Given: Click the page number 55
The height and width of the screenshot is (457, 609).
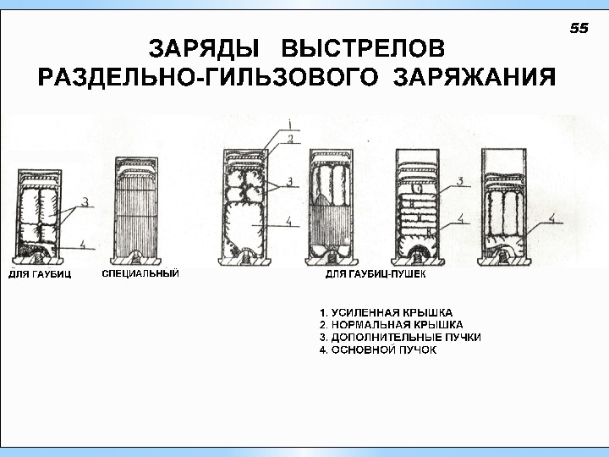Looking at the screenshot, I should click(x=579, y=28).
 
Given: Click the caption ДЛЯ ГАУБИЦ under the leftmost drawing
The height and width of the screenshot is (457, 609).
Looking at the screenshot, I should click(x=40, y=275).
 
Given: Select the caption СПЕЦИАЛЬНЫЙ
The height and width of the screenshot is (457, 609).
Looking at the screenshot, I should click(x=140, y=274).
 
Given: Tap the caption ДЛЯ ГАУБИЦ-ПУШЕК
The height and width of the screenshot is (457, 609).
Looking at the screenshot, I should click(x=376, y=275).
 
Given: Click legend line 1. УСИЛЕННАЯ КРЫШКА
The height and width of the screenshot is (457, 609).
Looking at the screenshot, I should click(x=387, y=311).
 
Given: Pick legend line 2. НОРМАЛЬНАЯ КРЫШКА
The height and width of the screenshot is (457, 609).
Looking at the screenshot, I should click(x=391, y=324).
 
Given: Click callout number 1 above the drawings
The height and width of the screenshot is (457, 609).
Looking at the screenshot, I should click(x=288, y=123).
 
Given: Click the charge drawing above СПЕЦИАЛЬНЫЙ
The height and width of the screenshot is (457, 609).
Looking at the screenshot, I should click(x=136, y=208).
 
